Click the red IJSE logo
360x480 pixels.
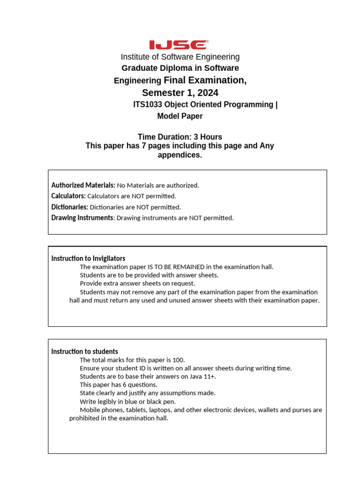point(179,45)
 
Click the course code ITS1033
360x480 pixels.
point(149,105)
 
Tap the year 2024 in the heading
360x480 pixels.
point(209,93)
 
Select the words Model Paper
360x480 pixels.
point(180,116)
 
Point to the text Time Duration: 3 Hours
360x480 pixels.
point(180,137)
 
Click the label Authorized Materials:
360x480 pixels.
point(83,185)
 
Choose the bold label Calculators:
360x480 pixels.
point(68,196)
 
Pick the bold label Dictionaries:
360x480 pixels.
point(70,207)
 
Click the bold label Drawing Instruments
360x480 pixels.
point(82,217)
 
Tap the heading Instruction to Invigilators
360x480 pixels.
point(88,258)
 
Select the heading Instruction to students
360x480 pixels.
point(84,352)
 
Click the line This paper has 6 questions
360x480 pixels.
point(119,385)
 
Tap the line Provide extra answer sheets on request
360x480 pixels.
point(137,284)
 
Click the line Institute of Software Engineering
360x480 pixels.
point(180,57)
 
